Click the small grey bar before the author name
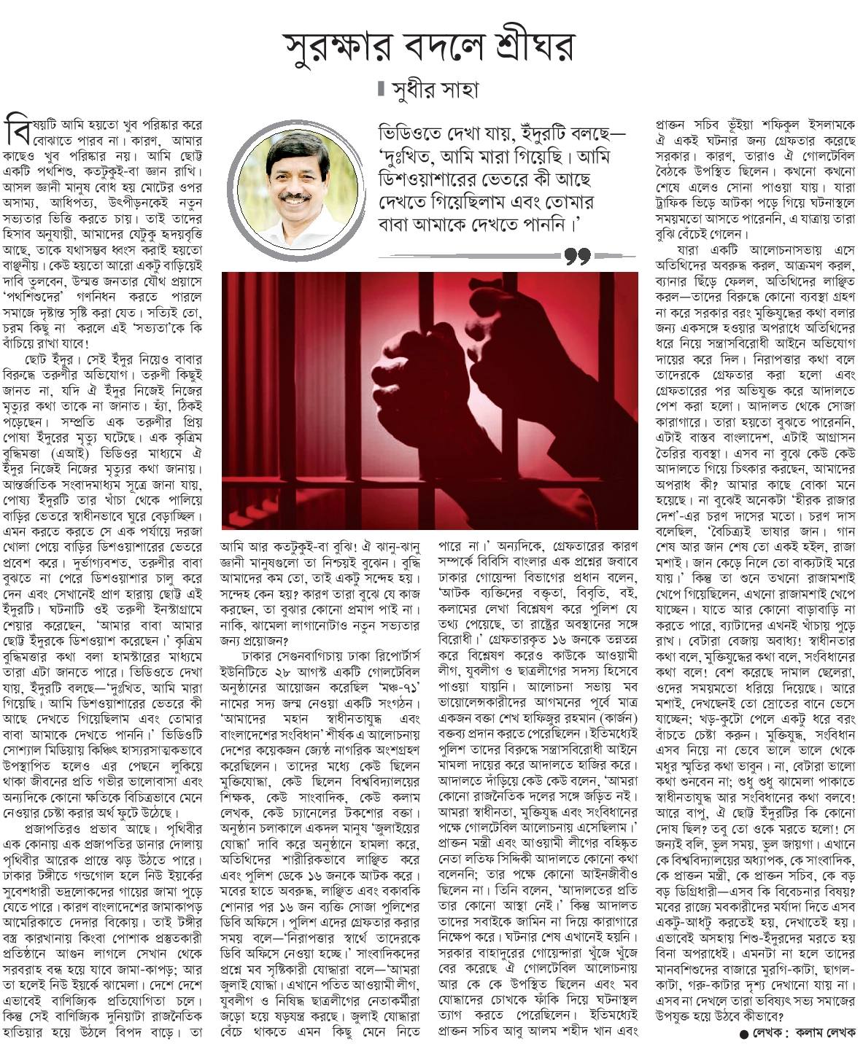[x=382, y=90]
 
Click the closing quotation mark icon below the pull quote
[x=577, y=257]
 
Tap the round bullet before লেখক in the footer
[x=743, y=1033]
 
